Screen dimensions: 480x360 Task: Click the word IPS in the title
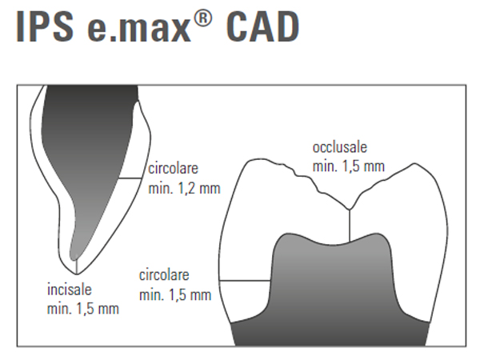point(45,26)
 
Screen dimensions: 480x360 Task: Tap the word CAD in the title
point(262,26)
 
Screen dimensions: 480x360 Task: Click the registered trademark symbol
point(202,19)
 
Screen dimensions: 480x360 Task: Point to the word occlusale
point(340,147)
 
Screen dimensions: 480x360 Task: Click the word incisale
point(70,290)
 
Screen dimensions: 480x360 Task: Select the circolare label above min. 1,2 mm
point(174,169)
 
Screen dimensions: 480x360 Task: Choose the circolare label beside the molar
point(164,275)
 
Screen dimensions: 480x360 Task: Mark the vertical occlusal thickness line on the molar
point(350,226)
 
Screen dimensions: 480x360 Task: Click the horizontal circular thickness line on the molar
point(245,280)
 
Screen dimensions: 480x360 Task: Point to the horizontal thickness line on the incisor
point(130,178)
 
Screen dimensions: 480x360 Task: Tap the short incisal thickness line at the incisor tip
point(77,266)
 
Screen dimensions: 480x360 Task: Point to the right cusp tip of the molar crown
point(414,163)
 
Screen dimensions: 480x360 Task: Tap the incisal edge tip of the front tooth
point(77,274)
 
